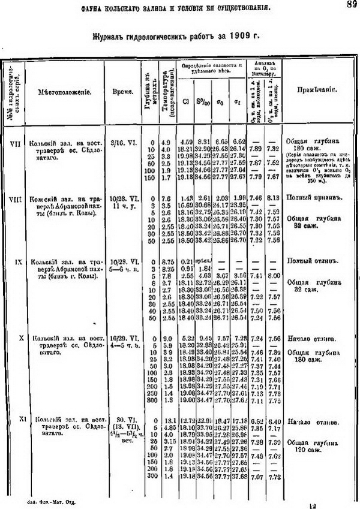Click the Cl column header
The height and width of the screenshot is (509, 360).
[x=185, y=100]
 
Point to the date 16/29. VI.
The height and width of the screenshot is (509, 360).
[x=122, y=339]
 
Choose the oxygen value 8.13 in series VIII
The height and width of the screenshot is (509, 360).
[x=274, y=198]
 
